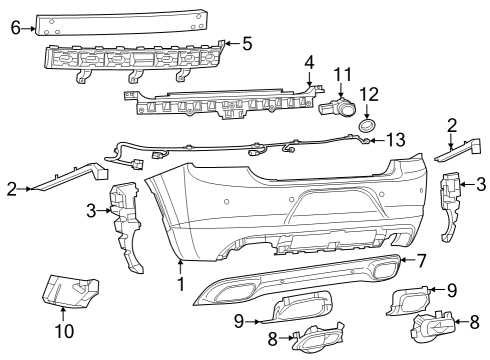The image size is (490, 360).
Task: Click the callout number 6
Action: (15, 28)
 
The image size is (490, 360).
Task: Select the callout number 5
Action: (247, 43)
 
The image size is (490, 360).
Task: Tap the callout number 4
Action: (309, 62)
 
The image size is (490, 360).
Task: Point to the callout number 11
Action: (343, 73)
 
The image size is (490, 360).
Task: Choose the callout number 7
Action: (422, 261)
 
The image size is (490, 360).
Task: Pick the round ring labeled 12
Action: (367, 125)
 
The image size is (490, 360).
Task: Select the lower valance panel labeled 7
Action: (300, 280)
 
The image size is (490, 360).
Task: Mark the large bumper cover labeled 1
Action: (270, 210)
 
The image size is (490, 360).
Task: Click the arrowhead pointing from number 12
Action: (368, 116)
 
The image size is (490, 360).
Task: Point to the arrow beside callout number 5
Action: (227, 43)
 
